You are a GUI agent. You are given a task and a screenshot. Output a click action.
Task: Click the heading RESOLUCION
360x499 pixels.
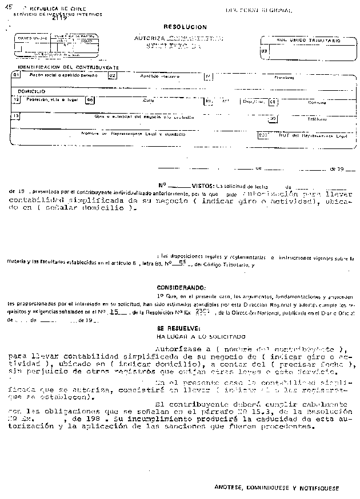pos(185,27)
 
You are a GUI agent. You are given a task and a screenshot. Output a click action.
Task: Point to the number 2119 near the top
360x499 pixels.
pos(59,18)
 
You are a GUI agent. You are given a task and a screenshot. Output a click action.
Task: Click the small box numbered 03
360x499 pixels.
pos(263,51)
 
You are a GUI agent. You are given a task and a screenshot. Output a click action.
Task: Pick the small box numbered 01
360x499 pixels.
pos(18,75)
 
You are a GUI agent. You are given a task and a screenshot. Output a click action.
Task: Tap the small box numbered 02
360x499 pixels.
pos(112,75)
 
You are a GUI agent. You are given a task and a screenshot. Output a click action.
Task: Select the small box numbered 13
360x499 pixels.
pos(16,115)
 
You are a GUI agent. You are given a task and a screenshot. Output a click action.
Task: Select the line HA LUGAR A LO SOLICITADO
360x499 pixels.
pos(193,337)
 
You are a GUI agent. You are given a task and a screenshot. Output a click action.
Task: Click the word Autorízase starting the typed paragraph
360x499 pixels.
pos(177,348)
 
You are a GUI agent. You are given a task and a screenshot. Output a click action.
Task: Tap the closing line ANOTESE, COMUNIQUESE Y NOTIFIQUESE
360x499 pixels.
pos(277,489)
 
